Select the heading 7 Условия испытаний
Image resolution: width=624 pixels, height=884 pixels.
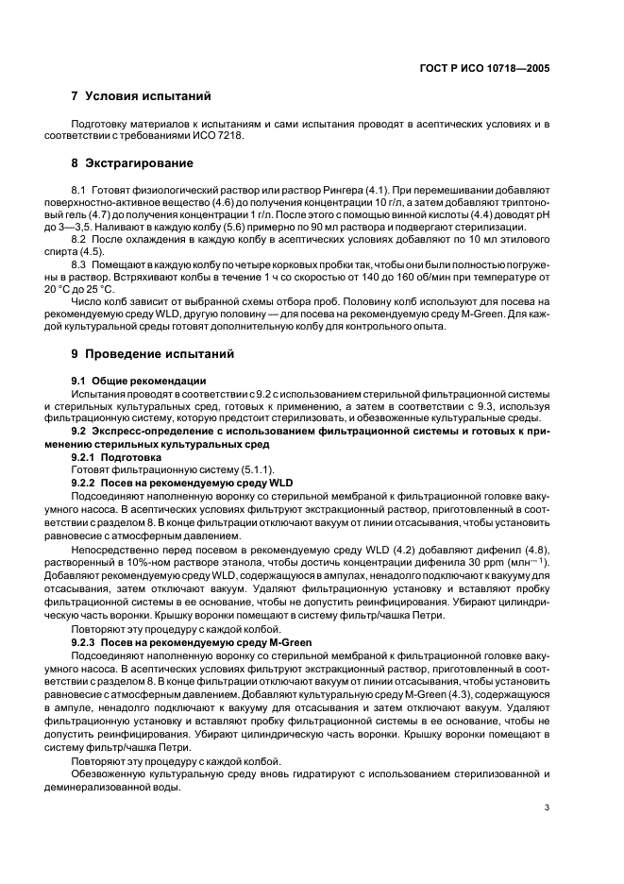141,96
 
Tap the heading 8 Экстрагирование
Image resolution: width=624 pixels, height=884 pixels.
132,162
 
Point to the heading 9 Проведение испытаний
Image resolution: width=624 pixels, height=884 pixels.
153,354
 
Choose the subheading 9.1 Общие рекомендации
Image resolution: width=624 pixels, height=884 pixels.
139,380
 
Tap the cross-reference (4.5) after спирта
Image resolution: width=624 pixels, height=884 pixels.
91,252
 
